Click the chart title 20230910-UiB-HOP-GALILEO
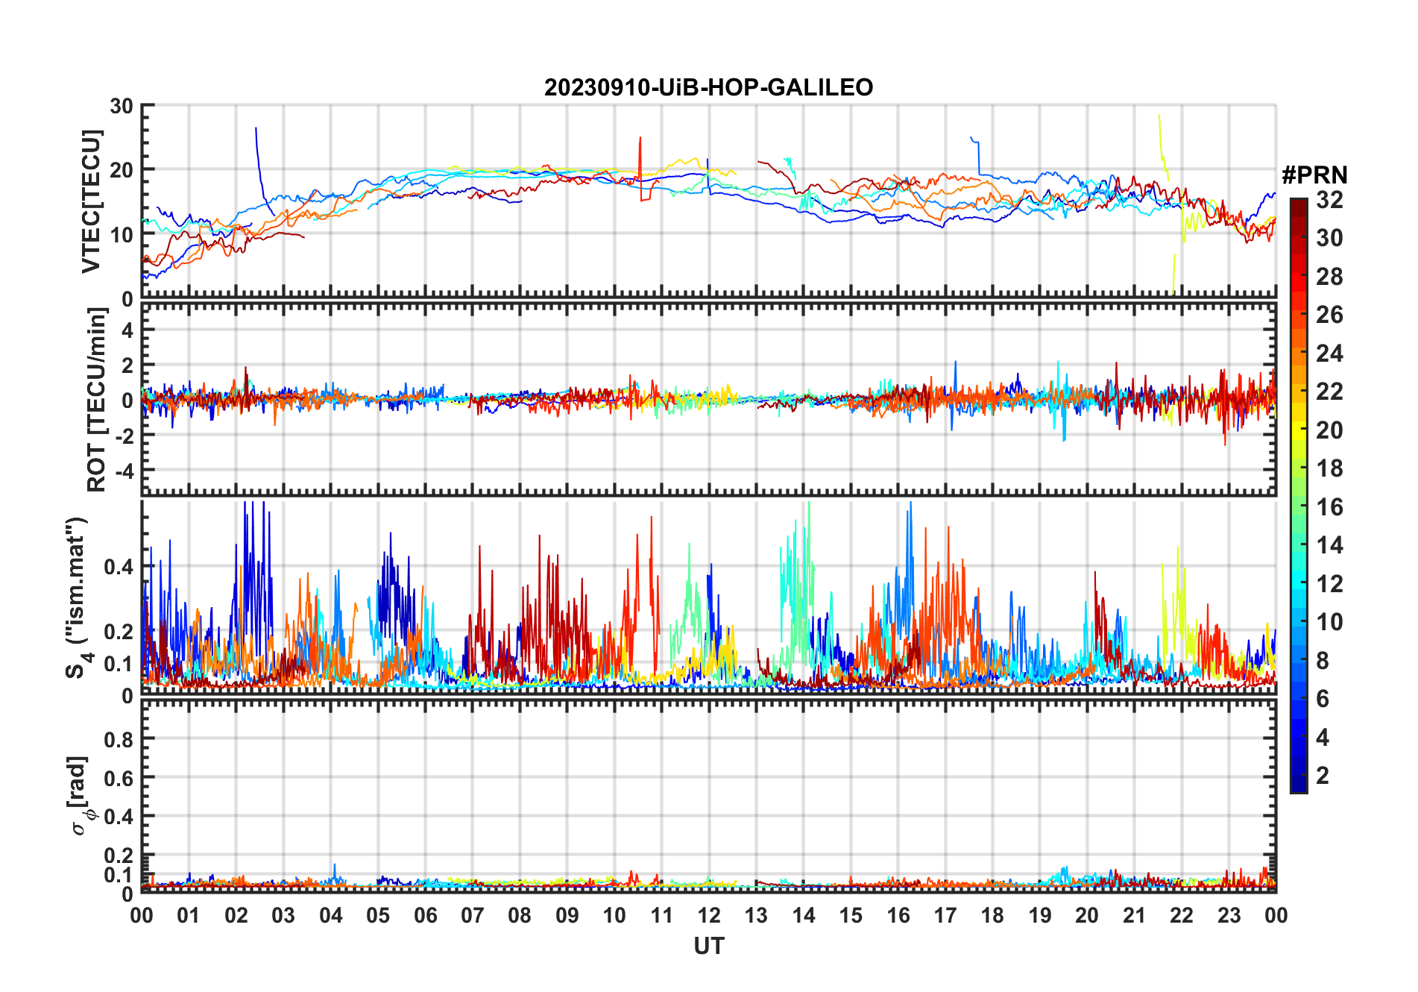coord(708,88)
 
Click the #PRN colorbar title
coord(1314,175)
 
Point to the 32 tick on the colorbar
coord(1329,200)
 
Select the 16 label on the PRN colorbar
coord(1329,507)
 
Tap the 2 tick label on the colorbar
coord(1323,776)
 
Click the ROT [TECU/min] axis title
coord(97,400)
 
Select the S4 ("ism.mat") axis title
coord(78,598)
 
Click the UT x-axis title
coord(708,947)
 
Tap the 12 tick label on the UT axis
coord(709,916)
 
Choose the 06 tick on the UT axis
coord(426,916)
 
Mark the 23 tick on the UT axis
coord(1229,916)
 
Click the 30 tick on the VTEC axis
coord(122,107)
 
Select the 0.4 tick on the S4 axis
coord(119,567)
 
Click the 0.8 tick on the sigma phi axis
coord(119,739)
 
